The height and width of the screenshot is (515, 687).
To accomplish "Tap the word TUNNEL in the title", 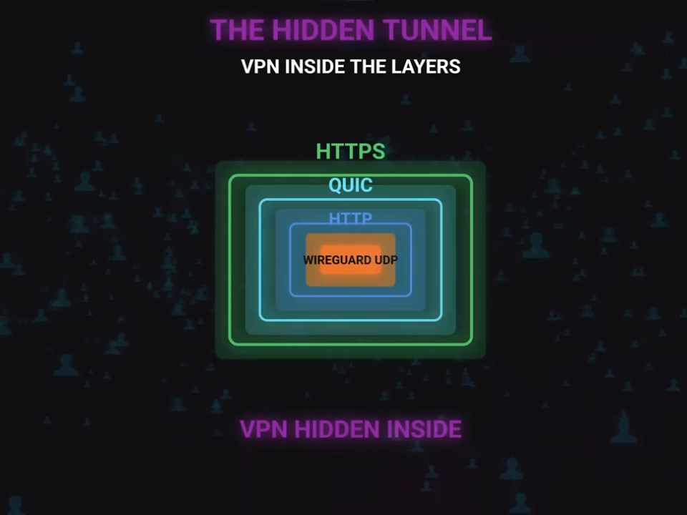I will tap(437, 30).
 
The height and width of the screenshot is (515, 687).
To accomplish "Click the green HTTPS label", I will tap(351, 151).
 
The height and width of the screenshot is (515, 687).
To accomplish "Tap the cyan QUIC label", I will tap(351, 185).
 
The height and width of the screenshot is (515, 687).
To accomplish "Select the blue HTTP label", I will tap(351, 217).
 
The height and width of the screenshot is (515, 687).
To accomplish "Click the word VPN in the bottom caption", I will tap(264, 429).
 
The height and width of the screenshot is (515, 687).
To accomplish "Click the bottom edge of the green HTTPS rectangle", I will tap(351, 344).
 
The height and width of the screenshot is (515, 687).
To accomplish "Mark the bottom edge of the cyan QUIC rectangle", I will tap(351, 320).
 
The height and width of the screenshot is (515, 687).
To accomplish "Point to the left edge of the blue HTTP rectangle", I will tap(290, 260).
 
